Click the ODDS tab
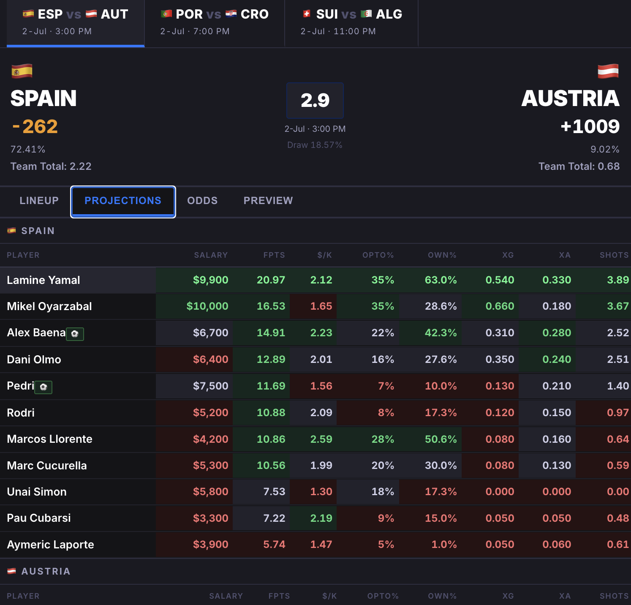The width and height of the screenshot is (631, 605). [x=202, y=201]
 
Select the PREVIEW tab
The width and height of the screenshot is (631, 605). [x=268, y=201]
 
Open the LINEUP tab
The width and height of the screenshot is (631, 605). [x=39, y=201]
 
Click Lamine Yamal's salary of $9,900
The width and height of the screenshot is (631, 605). [x=211, y=280]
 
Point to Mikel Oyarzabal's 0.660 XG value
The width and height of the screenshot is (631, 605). [x=500, y=306]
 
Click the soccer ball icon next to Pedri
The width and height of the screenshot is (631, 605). [x=44, y=387]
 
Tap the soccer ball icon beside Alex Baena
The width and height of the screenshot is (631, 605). [x=75, y=334]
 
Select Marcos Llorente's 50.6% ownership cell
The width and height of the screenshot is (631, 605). [x=441, y=439]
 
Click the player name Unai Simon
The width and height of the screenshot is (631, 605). [x=37, y=492]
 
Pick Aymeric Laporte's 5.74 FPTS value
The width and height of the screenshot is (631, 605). [x=274, y=545]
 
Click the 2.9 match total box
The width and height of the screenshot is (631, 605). [x=315, y=101]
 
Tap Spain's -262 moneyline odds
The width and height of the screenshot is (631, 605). [x=35, y=126]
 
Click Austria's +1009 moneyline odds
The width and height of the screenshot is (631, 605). [x=590, y=126]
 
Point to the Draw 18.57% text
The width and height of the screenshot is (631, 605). [x=315, y=145]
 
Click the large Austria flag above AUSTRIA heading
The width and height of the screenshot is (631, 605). [x=608, y=71]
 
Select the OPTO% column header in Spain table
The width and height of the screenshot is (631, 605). [x=378, y=255]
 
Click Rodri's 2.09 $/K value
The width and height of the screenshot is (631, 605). [x=321, y=413]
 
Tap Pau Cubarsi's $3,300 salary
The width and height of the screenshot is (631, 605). [x=211, y=518]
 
